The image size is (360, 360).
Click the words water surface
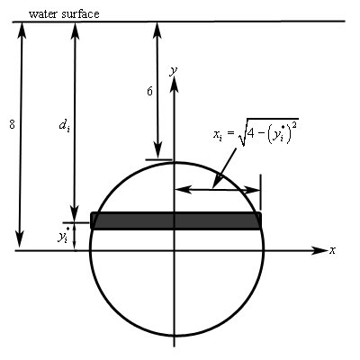pyautogui.click(x=64, y=14)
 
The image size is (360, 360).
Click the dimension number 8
pyautogui.click(x=12, y=124)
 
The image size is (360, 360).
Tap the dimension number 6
pyautogui.click(x=149, y=91)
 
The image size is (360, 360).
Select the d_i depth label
pyautogui.click(x=64, y=125)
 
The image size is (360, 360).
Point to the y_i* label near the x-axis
pyautogui.click(x=64, y=236)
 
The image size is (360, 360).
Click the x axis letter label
pyautogui.click(x=332, y=250)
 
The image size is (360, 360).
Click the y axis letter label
pyautogui.click(x=174, y=71)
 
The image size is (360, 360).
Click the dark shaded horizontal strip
pyautogui.click(x=176, y=220)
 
